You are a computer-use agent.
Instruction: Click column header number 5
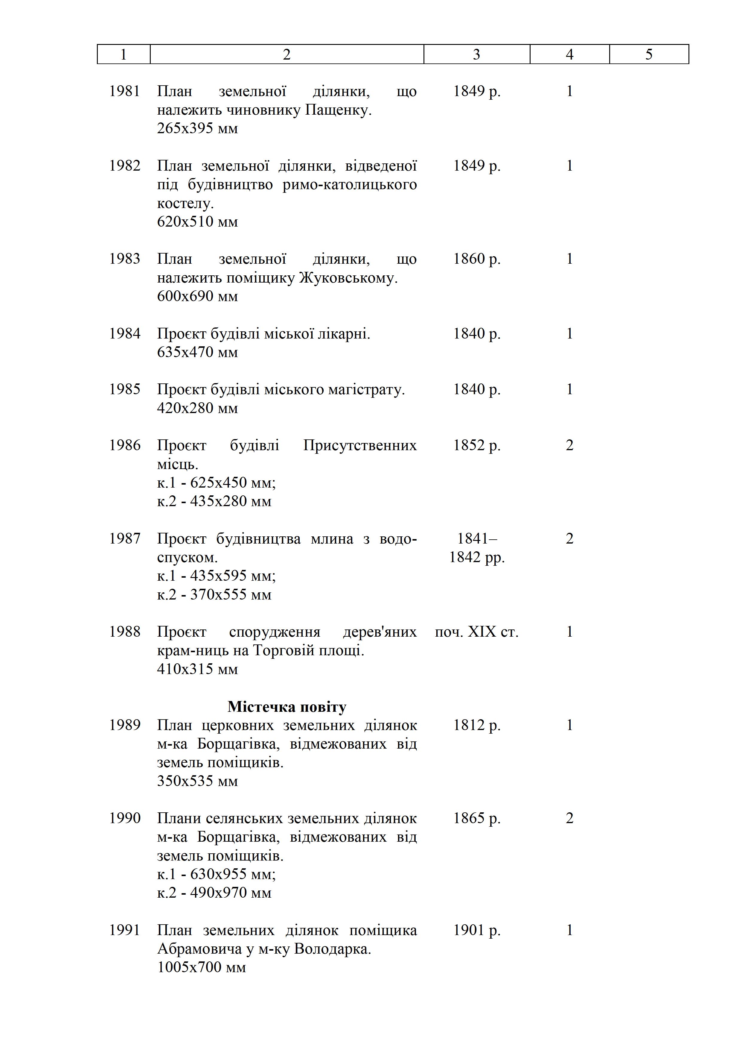(649, 54)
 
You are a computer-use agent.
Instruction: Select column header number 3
(476, 54)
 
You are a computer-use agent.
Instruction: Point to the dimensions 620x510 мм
(197, 222)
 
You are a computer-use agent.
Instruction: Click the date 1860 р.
(476, 259)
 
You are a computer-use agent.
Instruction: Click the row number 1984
(124, 333)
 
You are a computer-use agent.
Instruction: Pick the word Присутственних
(359, 445)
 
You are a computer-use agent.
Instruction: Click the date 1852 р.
(476, 445)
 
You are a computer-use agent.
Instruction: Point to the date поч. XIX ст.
(476, 632)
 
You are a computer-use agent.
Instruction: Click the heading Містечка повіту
(287, 707)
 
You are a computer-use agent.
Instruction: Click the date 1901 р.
(476, 930)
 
